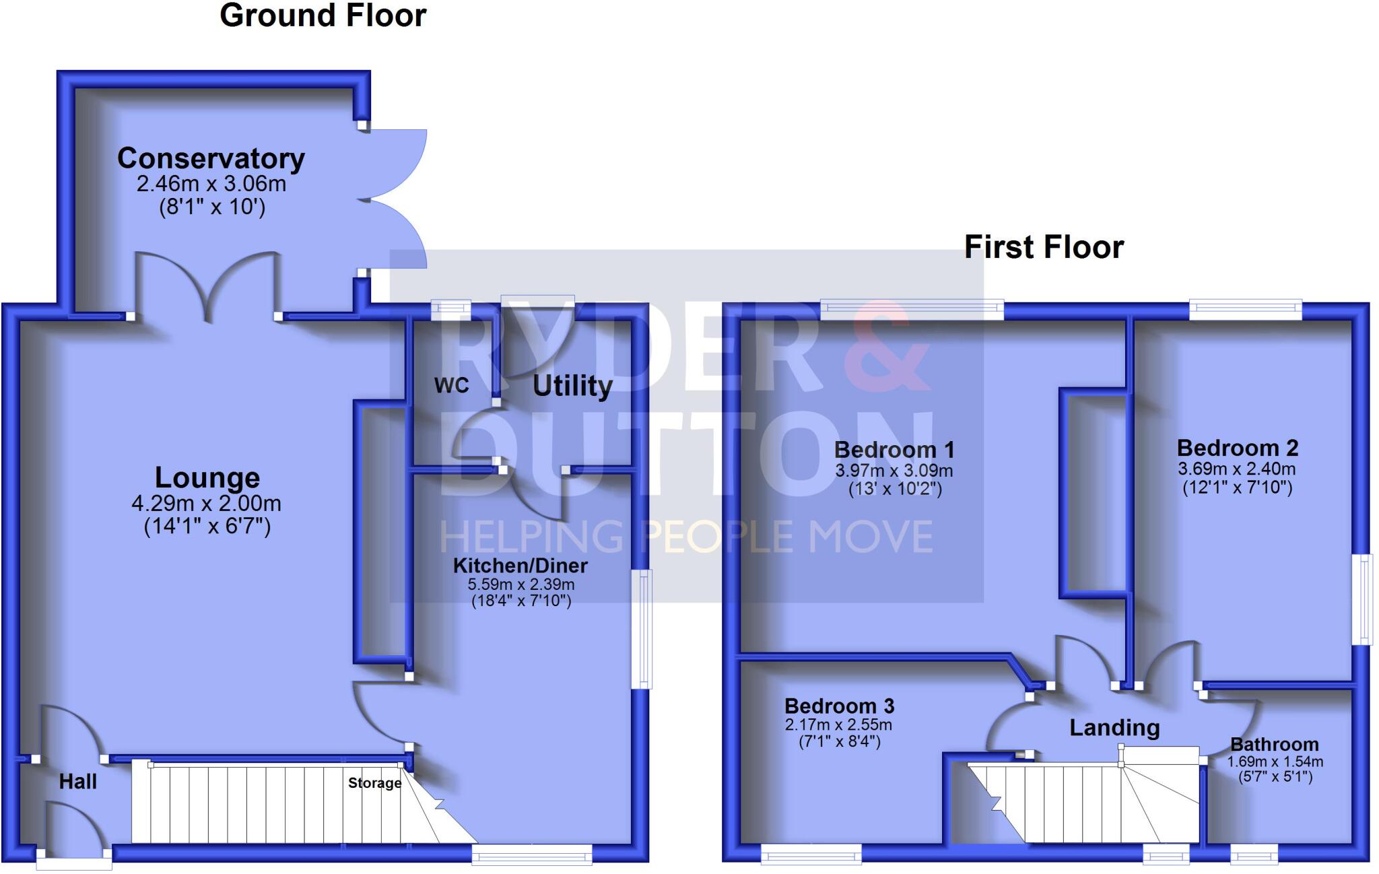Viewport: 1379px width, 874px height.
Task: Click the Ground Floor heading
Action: click(323, 15)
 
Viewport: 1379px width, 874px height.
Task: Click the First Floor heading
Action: click(1044, 247)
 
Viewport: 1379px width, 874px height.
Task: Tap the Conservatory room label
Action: click(211, 159)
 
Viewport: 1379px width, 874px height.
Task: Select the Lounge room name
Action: click(207, 477)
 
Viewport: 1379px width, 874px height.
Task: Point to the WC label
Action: click(451, 385)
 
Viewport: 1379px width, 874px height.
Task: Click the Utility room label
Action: click(572, 386)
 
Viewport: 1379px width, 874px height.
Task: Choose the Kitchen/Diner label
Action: click(520, 565)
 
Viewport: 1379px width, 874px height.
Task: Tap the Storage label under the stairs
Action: click(374, 782)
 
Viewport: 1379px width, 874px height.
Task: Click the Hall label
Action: click(78, 781)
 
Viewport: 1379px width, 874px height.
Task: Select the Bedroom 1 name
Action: click(894, 449)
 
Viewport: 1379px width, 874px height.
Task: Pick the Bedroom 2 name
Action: click(1238, 448)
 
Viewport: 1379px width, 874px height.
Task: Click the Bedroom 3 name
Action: click(839, 706)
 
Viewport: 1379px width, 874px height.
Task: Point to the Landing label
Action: click(1114, 727)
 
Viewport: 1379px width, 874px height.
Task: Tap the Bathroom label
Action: click(1275, 744)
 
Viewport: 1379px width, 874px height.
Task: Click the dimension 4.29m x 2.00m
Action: click(207, 503)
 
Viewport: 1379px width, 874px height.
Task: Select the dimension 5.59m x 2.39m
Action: click(521, 584)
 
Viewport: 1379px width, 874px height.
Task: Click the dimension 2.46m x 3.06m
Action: click(211, 183)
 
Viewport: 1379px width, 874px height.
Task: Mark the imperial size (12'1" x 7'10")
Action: click(1238, 487)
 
